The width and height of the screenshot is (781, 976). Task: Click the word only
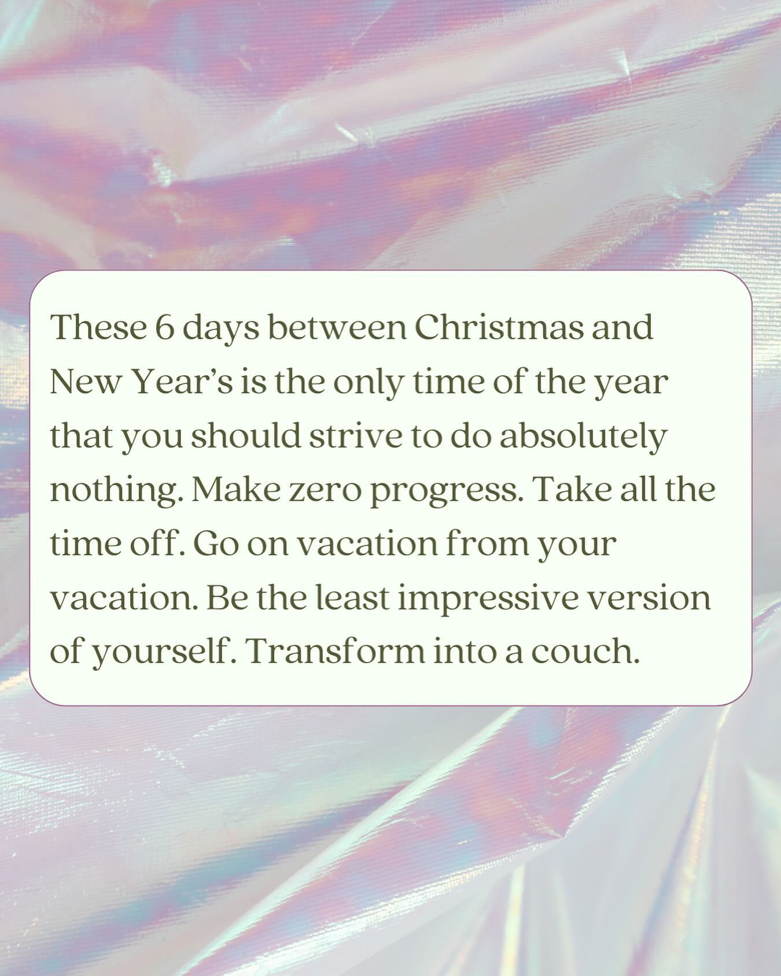370,382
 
